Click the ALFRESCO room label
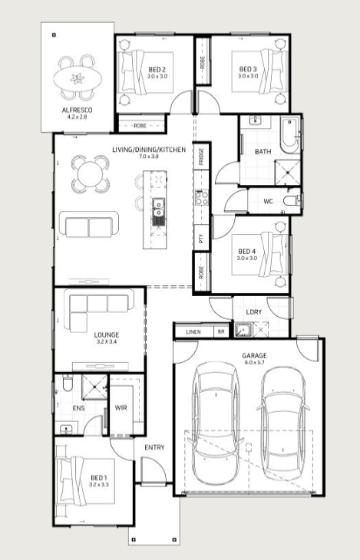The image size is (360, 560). [78, 110]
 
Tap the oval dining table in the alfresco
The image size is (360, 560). [78, 77]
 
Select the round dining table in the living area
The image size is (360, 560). [90, 174]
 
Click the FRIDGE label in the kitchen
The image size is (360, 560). [201, 156]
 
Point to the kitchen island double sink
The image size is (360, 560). [158, 212]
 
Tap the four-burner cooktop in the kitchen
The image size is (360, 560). [202, 197]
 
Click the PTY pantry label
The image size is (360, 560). [201, 239]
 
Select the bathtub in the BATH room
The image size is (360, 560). [289, 135]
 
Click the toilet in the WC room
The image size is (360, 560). [292, 201]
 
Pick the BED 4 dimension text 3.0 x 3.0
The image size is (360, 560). [246, 258]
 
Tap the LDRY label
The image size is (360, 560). [254, 311]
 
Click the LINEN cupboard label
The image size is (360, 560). [193, 332]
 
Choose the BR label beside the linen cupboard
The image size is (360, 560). [221, 332]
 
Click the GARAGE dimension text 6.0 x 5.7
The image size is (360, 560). [254, 363]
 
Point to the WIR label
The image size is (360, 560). [121, 407]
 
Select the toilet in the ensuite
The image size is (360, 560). [67, 383]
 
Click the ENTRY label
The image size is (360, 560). [154, 447]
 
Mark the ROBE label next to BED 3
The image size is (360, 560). [203, 63]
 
